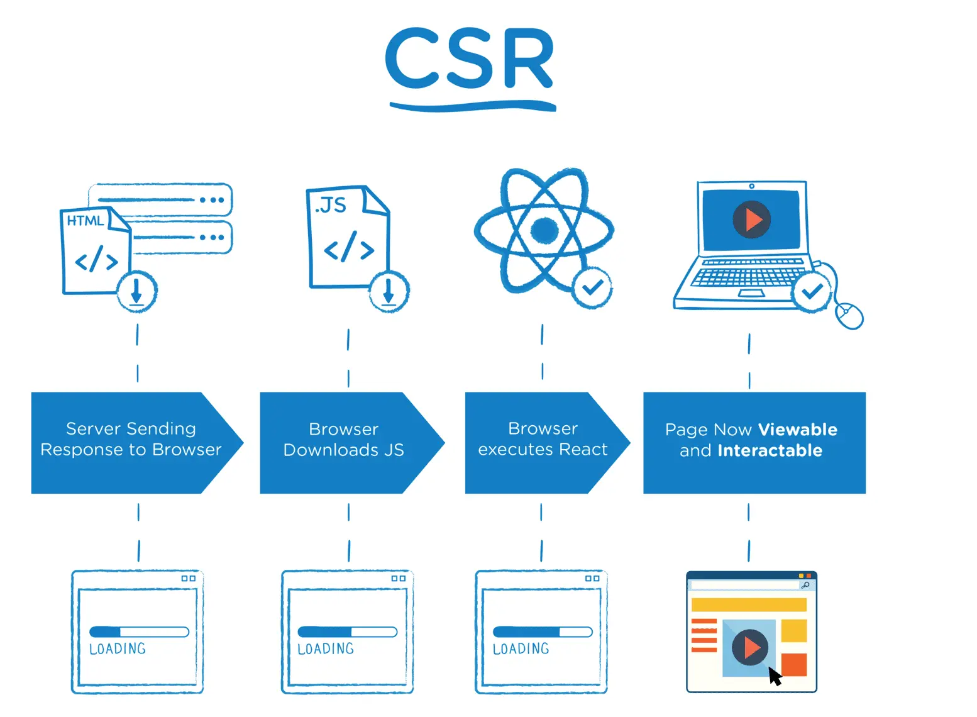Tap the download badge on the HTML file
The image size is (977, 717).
136,291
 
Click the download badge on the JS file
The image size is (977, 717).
389,292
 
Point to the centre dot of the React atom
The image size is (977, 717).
544,230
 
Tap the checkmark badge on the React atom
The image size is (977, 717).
592,288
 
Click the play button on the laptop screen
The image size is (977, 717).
751,220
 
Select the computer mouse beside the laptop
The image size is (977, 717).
849,314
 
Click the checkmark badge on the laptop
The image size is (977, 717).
812,291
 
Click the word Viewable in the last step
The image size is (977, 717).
797,430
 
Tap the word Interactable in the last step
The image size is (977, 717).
770,450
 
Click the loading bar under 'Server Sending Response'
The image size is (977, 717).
139,631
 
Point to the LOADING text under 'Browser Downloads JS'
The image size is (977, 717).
326,649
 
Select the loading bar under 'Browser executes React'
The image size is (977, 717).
543,631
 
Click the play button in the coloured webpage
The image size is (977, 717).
749,647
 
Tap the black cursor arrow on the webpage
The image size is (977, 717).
775,677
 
